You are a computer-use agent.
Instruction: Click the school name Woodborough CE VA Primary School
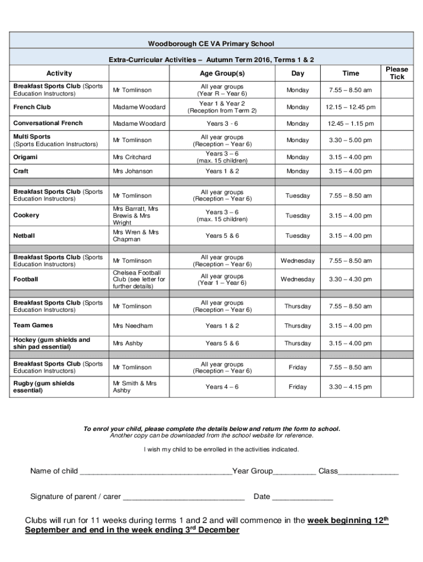(x=211, y=43)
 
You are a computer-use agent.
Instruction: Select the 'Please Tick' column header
(x=397, y=73)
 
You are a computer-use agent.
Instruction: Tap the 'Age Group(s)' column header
(x=222, y=74)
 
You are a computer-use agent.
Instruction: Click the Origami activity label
(x=26, y=157)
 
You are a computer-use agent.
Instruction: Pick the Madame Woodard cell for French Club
(x=139, y=107)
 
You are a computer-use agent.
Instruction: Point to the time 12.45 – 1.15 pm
(x=350, y=123)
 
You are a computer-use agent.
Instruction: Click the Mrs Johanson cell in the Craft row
(x=132, y=171)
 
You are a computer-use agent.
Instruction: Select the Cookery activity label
(x=26, y=216)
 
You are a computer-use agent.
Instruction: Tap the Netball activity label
(x=24, y=236)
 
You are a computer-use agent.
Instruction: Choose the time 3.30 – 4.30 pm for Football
(x=350, y=279)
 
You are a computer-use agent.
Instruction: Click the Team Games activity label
(x=33, y=325)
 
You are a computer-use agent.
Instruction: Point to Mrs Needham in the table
(x=132, y=326)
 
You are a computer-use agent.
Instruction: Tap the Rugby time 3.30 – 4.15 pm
(x=350, y=387)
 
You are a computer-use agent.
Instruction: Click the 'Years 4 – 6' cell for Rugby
(x=222, y=387)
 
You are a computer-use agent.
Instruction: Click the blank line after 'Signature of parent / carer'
(x=183, y=498)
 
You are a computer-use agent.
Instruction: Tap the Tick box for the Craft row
(x=397, y=171)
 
